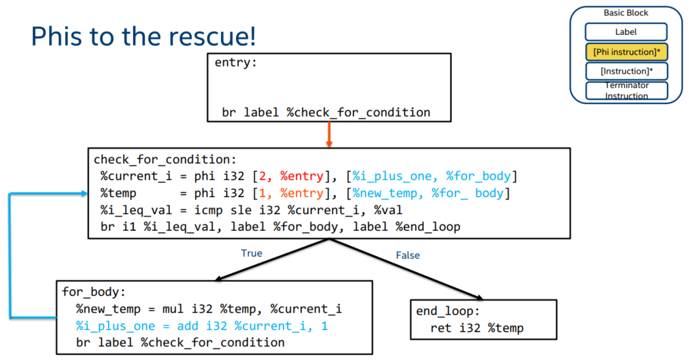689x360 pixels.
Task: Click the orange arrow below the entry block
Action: (329, 134)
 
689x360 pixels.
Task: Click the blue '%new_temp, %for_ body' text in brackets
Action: (431, 193)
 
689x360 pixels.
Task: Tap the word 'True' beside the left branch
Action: (251, 253)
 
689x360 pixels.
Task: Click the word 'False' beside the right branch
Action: (407, 255)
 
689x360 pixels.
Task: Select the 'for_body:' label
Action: (90, 291)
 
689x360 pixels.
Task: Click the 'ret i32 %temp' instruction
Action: (477, 328)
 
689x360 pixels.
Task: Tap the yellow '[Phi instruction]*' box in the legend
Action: (626, 52)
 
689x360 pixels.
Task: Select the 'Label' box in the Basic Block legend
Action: (626, 32)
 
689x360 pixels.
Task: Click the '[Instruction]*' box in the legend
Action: (626, 71)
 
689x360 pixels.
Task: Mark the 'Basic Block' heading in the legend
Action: (626, 13)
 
